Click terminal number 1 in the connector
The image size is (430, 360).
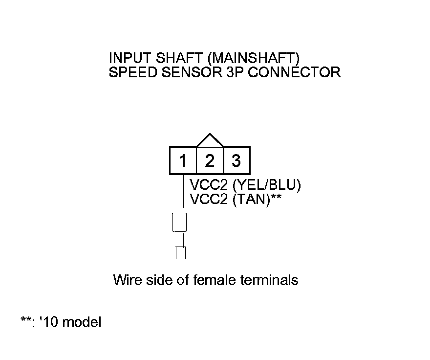click(183, 161)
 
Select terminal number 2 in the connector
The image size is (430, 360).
click(210, 161)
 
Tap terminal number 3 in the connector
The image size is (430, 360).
click(236, 161)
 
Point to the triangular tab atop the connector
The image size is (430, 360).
click(210, 141)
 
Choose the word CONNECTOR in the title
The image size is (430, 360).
click(288, 72)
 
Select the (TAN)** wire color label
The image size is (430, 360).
click(257, 200)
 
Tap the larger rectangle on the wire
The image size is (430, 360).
click(180, 223)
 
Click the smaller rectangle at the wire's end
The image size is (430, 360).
click(180, 253)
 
